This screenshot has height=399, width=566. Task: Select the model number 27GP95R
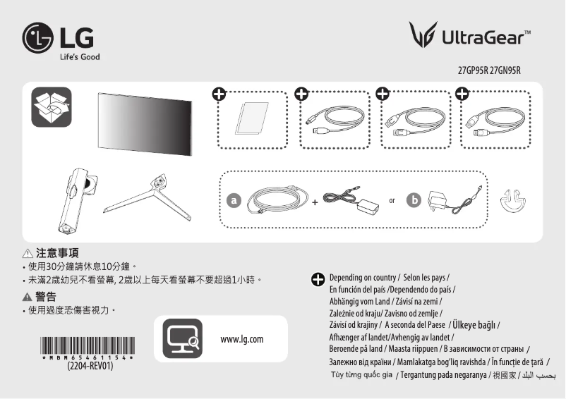(475, 71)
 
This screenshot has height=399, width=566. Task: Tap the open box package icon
(52, 108)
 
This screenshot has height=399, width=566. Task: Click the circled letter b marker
(415, 201)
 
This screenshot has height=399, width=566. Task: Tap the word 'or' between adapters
(392, 201)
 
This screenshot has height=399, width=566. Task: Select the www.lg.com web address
(242, 340)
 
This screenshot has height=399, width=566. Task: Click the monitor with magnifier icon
(183, 339)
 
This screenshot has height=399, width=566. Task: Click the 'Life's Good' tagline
(78, 56)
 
